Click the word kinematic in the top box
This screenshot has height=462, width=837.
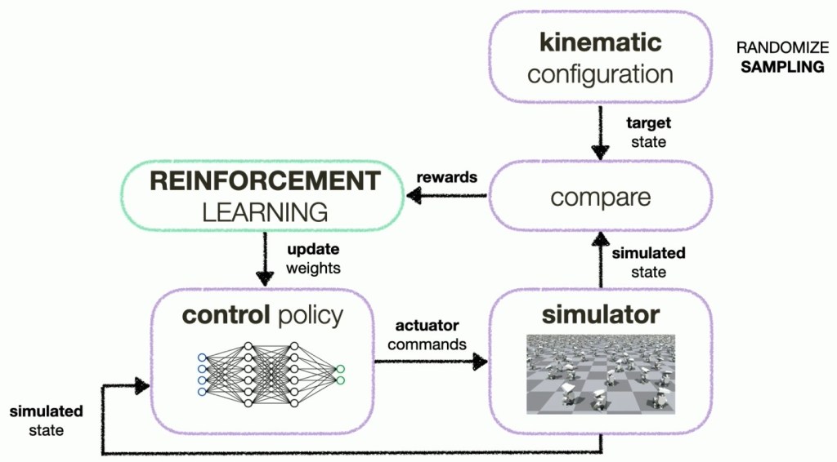[x=600, y=42]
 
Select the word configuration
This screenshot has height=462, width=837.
[x=600, y=74]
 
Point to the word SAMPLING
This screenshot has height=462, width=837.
[x=781, y=67]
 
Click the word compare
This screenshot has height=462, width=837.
[x=600, y=198]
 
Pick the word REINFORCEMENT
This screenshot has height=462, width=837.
[x=264, y=181]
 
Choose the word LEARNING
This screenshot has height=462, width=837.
[x=264, y=212]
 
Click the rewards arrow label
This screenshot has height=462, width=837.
[x=446, y=177]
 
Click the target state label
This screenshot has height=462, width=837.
[x=648, y=132]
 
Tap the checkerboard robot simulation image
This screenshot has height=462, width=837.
[x=601, y=374]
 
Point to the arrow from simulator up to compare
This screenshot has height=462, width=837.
[x=601, y=260]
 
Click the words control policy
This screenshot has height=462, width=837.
[x=262, y=315]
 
